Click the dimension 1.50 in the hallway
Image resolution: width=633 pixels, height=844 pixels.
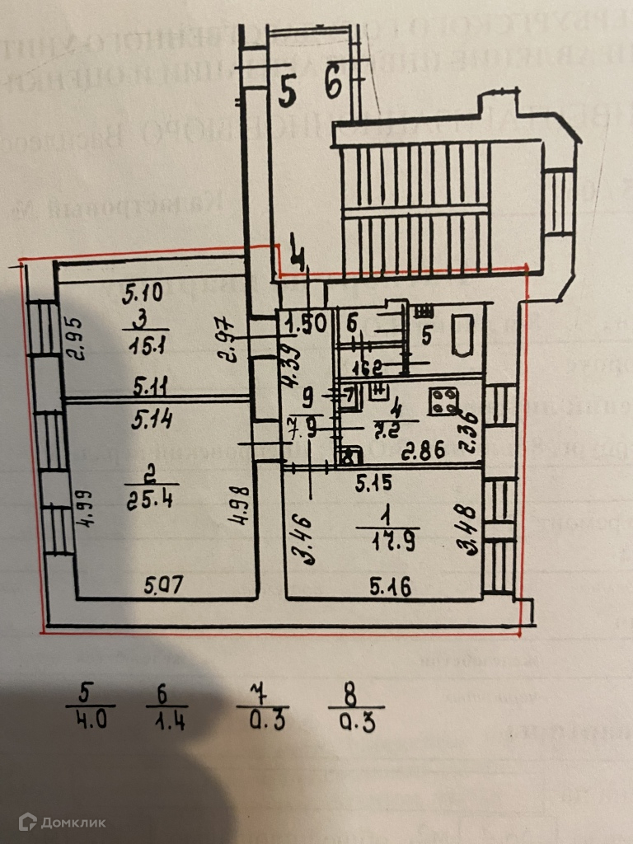coord(305,323)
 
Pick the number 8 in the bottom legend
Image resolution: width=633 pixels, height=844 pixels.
coord(349,692)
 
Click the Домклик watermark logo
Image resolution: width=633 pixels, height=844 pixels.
coord(63,821)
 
